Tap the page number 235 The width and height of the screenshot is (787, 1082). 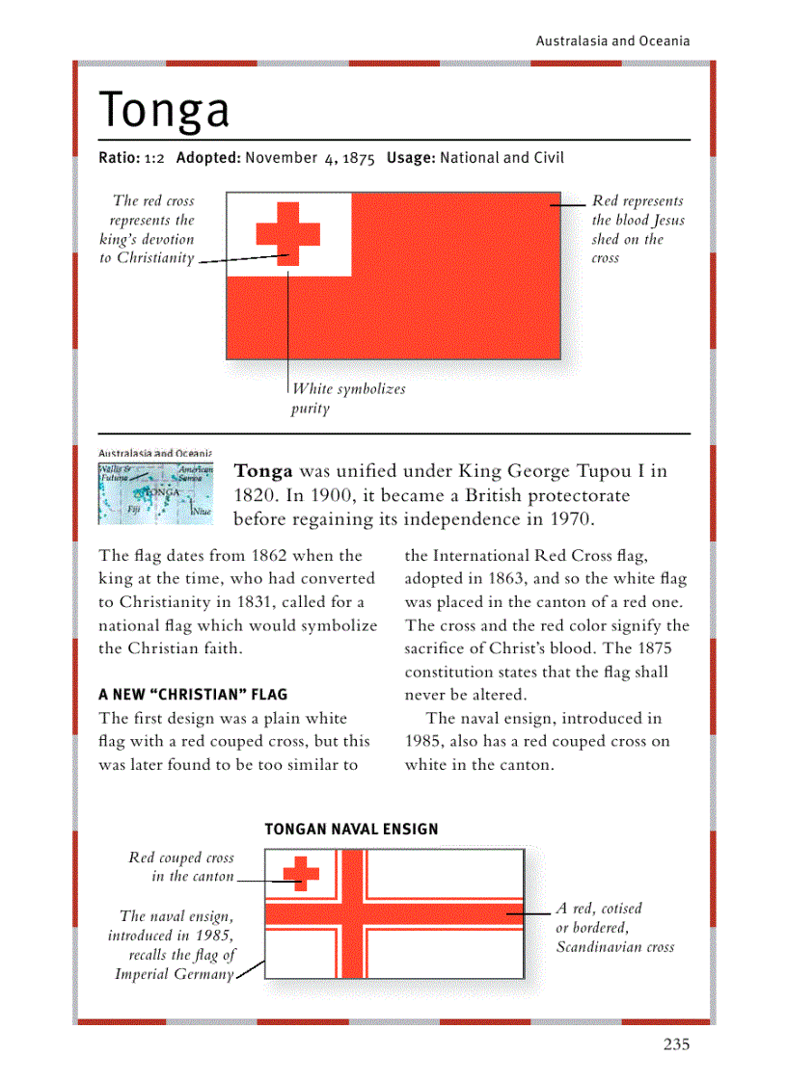coord(676,1044)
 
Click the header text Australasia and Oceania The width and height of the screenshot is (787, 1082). coord(612,40)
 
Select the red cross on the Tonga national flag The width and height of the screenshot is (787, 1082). coord(287,234)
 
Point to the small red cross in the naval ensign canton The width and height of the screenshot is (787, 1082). coord(300,873)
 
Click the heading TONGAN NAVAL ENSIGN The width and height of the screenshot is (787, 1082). coord(351,829)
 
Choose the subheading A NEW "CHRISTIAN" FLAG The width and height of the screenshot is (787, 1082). coord(193,695)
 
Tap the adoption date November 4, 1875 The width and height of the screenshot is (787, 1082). coord(310,158)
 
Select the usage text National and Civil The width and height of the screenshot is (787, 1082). coord(502,158)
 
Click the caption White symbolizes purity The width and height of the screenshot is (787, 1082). coord(347,399)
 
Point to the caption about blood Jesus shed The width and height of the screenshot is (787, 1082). coord(637,229)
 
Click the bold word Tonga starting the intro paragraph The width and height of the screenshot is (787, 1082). coord(263,472)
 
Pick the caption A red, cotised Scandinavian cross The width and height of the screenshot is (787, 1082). coord(613,927)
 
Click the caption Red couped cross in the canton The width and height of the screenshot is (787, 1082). coord(181,867)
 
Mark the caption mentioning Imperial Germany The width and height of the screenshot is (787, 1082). coord(174,945)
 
